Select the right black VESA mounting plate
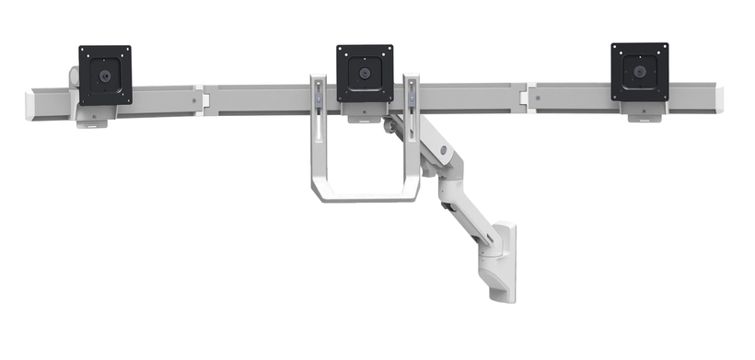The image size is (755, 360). click(x=639, y=72)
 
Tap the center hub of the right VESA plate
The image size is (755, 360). click(x=639, y=71)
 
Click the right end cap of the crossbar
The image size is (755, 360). click(x=716, y=96)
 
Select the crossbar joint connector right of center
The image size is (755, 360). click(x=524, y=97)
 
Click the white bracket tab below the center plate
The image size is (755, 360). click(x=364, y=111)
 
